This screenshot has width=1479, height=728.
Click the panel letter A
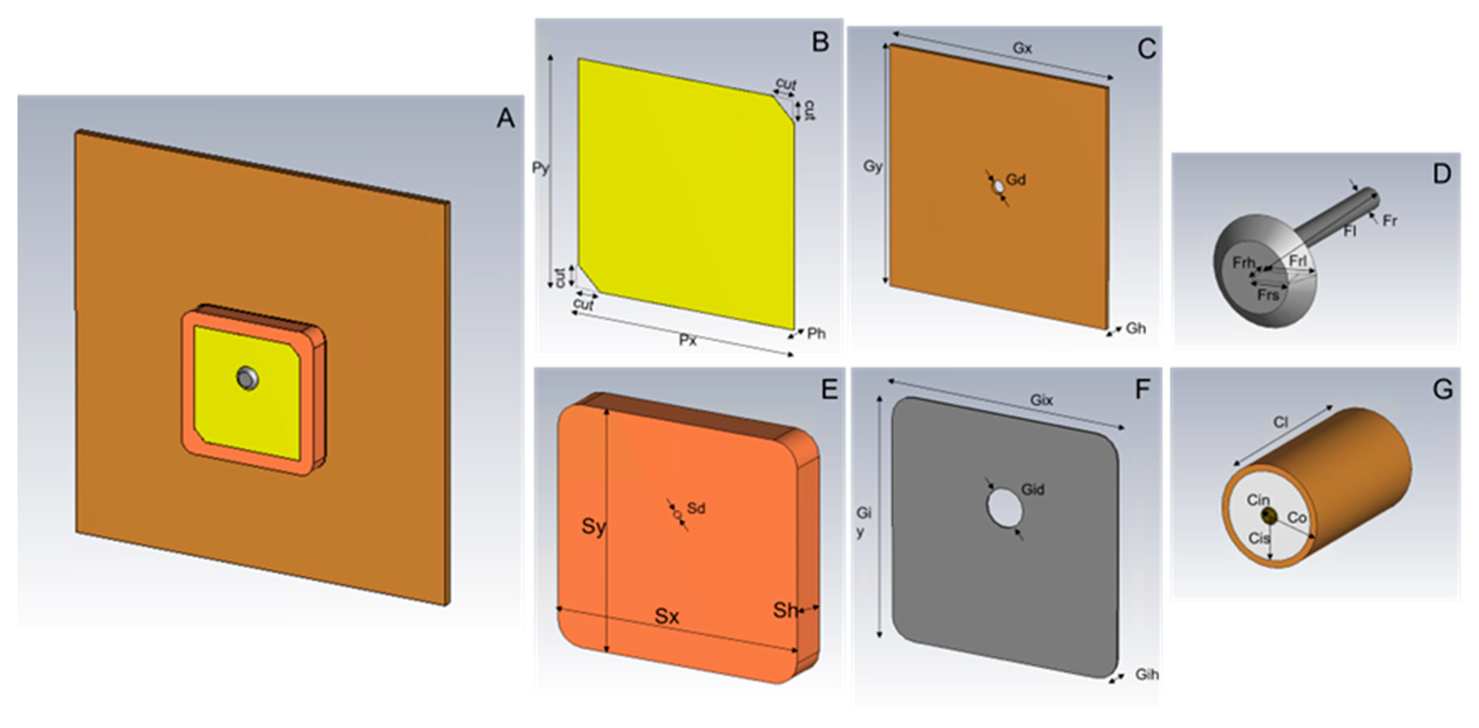coord(506,118)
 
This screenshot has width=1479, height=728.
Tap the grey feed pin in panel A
coord(248,378)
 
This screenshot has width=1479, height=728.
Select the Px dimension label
coord(688,341)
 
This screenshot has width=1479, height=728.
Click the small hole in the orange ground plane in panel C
coord(999,187)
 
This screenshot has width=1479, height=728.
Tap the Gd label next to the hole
coord(1016,180)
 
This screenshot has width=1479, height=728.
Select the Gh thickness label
coord(1136,328)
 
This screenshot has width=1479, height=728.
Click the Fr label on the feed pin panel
coord(1389,221)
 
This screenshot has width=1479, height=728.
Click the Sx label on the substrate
coord(667,616)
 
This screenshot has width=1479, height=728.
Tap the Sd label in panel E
coord(696,508)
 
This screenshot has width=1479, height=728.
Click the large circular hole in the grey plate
coord(1005,507)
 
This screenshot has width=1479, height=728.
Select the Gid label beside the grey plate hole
coord(1032,490)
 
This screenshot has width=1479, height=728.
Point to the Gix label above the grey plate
coord(1041,400)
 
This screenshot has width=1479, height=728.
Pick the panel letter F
coord(1142,390)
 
